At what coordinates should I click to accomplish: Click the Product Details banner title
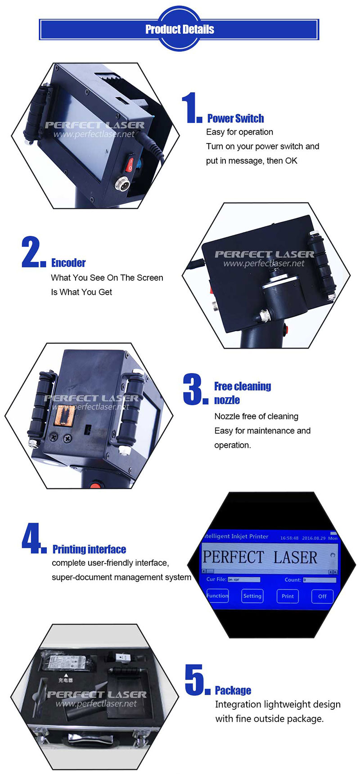click(x=180, y=30)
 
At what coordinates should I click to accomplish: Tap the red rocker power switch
click(x=130, y=164)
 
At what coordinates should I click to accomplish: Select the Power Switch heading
click(x=235, y=119)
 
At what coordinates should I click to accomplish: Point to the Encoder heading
click(x=68, y=263)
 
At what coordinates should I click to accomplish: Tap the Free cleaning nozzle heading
click(x=242, y=393)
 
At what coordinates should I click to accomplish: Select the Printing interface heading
click(x=89, y=549)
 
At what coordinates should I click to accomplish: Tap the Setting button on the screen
click(x=252, y=596)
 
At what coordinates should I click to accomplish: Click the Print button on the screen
click(x=288, y=596)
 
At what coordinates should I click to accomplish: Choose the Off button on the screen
click(x=322, y=596)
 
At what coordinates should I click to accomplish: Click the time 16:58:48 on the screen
click(x=289, y=538)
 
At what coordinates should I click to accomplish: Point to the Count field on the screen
click(x=319, y=580)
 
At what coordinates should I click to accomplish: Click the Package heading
click(x=233, y=691)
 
